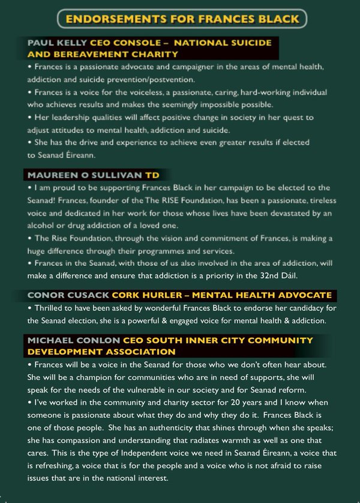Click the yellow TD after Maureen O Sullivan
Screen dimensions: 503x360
(152, 175)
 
